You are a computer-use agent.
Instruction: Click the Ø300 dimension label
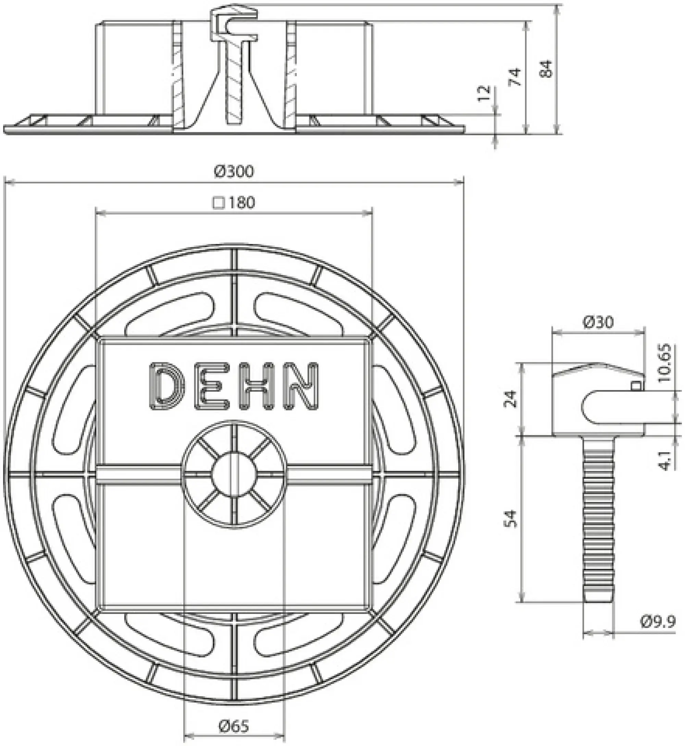pos(234,172)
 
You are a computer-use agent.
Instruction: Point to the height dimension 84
pos(546,69)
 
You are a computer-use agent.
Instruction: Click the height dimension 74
pos(515,77)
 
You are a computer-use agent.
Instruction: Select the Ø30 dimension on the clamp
pos(598,322)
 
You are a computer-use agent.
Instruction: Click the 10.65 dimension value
pos(665,363)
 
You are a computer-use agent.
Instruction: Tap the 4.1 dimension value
pos(666,461)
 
